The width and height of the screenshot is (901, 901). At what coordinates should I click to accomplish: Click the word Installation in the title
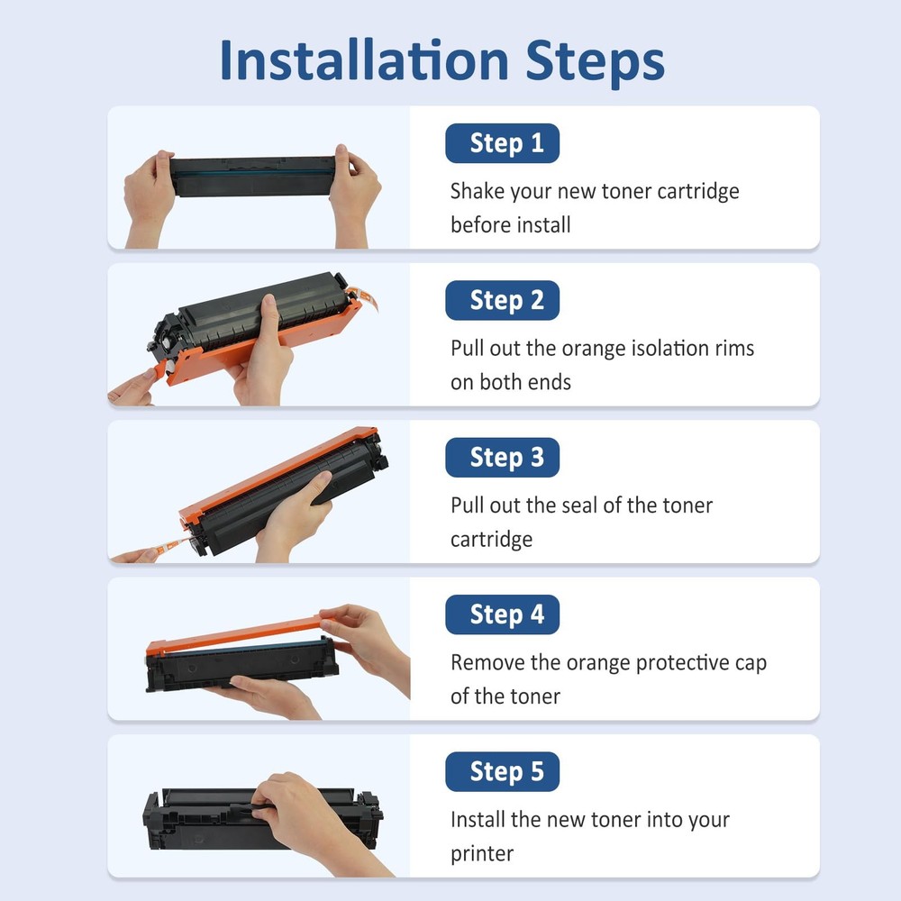tap(364, 59)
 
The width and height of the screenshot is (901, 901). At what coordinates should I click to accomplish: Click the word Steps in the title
tap(596, 63)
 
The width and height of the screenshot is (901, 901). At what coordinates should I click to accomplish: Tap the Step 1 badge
tap(502, 143)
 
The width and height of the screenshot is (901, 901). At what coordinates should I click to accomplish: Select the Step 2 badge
tap(502, 300)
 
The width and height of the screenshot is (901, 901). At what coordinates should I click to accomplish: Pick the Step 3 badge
tap(502, 458)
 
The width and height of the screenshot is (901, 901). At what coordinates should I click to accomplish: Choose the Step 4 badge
tap(502, 614)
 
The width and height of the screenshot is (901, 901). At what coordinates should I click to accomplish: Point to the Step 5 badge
tap(502, 772)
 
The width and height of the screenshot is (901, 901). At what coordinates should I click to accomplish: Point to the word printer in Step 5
tap(481, 854)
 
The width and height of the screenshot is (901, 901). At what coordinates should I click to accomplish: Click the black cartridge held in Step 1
tap(253, 176)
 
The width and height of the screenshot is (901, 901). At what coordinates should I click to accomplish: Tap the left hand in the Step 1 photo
tap(149, 198)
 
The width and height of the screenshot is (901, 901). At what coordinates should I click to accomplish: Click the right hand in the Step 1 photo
tap(353, 196)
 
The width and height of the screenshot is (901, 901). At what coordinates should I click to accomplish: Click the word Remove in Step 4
tap(487, 662)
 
